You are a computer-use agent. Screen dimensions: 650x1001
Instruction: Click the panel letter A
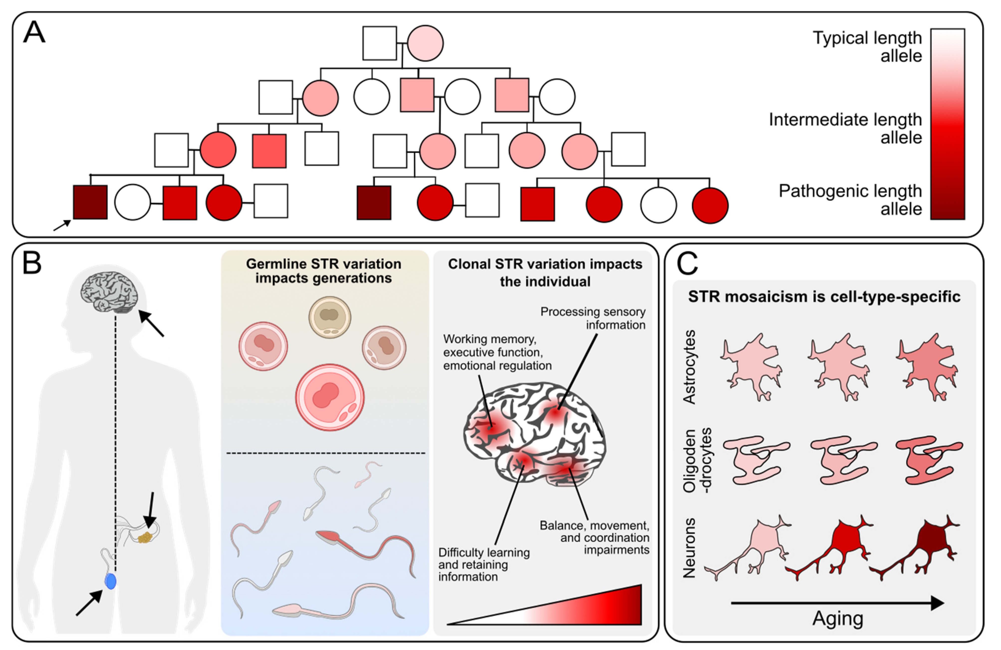34,33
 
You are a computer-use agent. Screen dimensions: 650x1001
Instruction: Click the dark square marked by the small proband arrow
90,202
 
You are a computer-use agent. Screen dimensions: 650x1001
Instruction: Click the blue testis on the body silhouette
110,581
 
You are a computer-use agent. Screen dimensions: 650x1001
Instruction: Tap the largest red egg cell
330,397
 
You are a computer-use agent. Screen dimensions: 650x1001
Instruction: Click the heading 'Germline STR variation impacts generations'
323,271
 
